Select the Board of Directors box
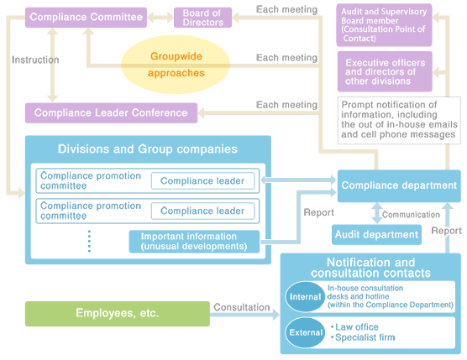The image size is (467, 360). click(202, 18)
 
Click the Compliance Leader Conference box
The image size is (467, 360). click(111, 112)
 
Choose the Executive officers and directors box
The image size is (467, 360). click(385, 71)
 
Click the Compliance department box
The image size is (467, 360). click(399, 185)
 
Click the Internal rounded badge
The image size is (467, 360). click(301, 297)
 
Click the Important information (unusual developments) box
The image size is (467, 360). click(195, 242)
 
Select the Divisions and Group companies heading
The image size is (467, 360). click(147, 149)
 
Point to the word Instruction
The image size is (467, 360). click(35, 60)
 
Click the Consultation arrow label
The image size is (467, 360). click(241, 307)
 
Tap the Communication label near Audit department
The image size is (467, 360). click(411, 215)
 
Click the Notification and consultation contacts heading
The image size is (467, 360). click(370, 268)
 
